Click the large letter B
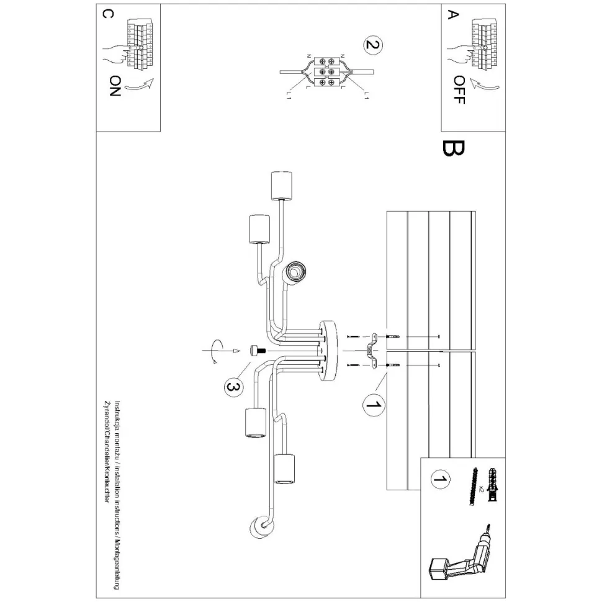pyautogui.click(x=454, y=149)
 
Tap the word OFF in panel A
pyautogui.click(x=458, y=89)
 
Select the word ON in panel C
pyautogui.click(x=115, y=88)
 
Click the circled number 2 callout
pyautogui.click(x=372, y=45)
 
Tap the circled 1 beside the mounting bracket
pyautogui.click(x=372, y=405)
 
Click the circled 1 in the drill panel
pyautogui.click(x=440, y=480)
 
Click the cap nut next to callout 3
pyautogui.click(x=255, y=351)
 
